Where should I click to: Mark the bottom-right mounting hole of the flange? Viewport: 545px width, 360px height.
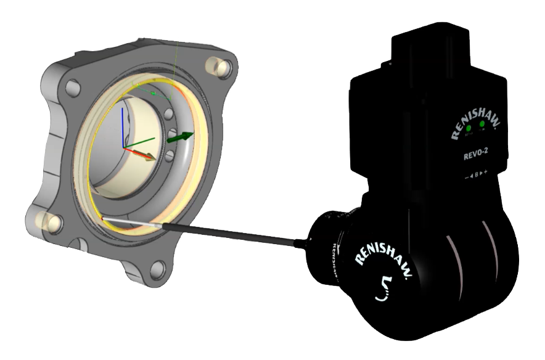click(158, 269)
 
